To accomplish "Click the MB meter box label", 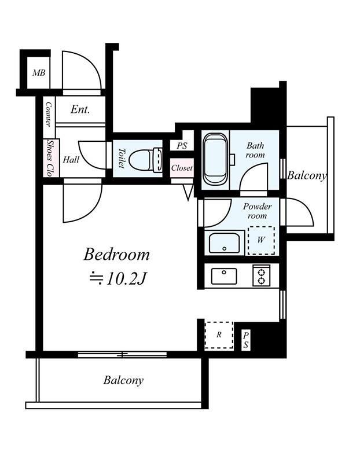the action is tap(39, 73).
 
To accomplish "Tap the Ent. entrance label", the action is tap(80, 109).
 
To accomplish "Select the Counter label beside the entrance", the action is tap(49, 115).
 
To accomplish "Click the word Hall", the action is tap(71, 160).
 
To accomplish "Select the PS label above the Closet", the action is tap(182, 146).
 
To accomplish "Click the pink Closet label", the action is tap(182, 168).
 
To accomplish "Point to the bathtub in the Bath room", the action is tap(215, 159).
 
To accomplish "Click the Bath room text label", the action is tap(255, 150).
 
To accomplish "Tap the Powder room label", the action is tap(257, 211).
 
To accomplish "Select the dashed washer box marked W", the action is tap(261, 240).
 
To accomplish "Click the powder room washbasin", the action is tap(224, 242).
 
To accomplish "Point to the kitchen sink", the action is tap(224, 276).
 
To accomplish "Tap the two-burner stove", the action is tap(262, 275).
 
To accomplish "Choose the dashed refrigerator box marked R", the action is tap(219, 335).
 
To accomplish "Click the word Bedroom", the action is tap(117, 255).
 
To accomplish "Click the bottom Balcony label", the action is tap(123, 380).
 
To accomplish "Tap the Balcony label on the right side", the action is tap(307, 176).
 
